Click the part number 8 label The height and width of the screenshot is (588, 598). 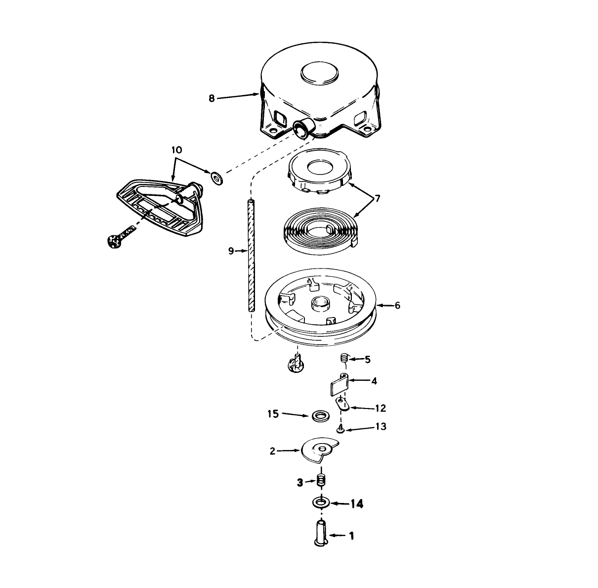coord(212,99)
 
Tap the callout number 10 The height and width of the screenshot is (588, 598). coord(176,150)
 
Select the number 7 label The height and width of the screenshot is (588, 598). coord(378,198)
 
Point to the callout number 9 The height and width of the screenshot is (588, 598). coord(231,251)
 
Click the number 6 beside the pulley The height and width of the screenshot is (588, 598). coord(397,305)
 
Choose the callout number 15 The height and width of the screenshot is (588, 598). coord(273,414)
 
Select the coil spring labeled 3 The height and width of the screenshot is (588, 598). coord(321,482)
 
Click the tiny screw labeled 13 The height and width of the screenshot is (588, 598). coord(341,429)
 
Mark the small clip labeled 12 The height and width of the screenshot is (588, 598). coord(342,405)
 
